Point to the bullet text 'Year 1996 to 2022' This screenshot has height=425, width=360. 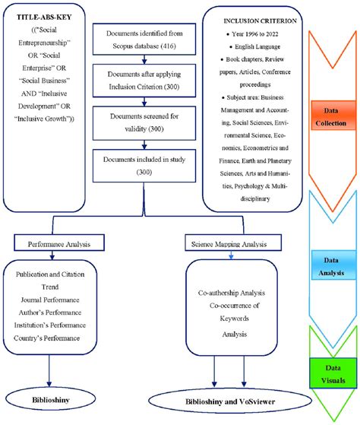pos(257,36)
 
